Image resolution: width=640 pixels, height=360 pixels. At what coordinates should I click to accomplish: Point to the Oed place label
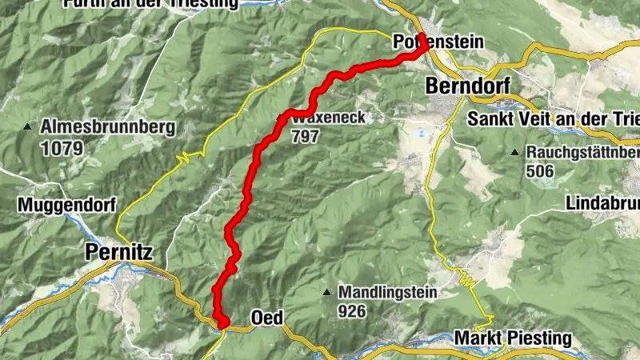coord(266,318)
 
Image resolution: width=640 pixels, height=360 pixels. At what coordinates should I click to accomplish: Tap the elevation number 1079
coord(55,148)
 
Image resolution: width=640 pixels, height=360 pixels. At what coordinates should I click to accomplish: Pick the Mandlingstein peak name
coord(387,292)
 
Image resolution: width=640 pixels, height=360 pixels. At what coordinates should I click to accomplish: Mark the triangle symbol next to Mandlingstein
coord(326,292)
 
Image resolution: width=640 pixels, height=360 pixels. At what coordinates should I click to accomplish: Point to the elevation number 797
coord(306,137)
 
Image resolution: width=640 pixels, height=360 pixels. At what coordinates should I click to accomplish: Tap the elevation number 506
coord(540,170)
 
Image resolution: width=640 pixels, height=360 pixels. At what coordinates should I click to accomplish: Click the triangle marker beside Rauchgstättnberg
coord(514,151)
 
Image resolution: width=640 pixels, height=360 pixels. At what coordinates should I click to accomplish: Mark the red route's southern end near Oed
coord(222,322)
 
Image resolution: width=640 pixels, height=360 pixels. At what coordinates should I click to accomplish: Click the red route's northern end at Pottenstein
coord(423,49)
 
